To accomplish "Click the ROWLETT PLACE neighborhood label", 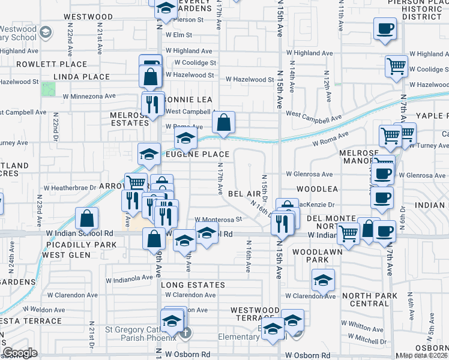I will (x=43, y=64).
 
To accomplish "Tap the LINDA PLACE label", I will (x=82, y=77).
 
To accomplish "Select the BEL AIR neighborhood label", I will (x=244, y=194).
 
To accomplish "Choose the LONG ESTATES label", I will (x=188, y=284).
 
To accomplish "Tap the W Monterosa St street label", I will (x=218, y=220).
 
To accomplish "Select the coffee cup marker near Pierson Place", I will (x=385, y=28).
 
